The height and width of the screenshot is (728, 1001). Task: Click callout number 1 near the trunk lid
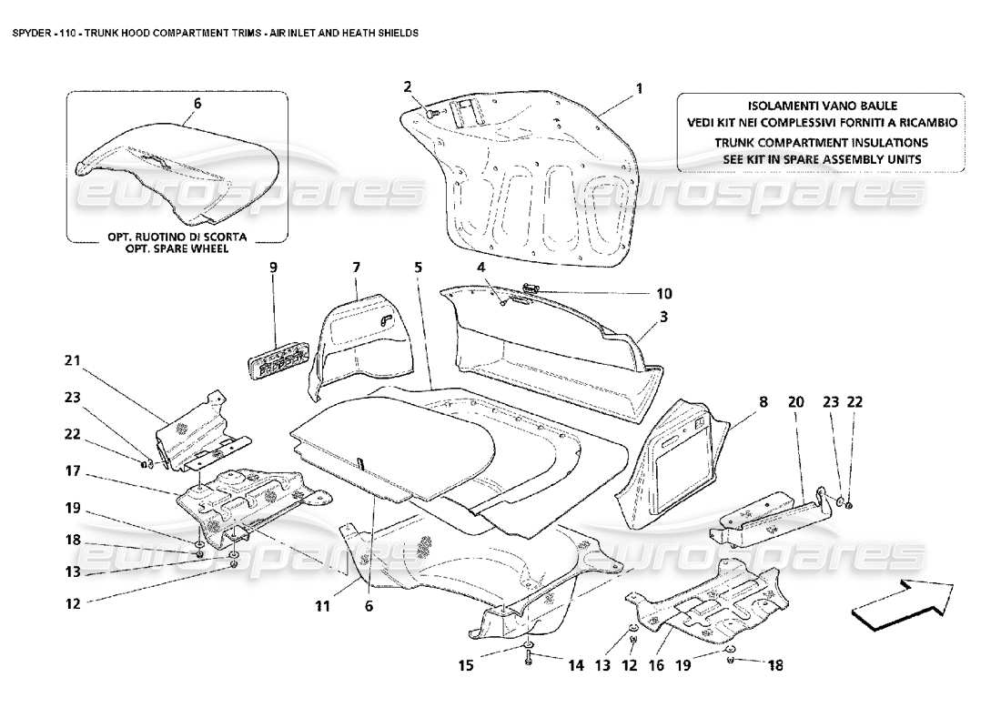[x=639, y=88]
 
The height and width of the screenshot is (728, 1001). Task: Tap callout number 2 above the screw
[x=409, y=86]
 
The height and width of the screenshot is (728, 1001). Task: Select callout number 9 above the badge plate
[x=271, y=268]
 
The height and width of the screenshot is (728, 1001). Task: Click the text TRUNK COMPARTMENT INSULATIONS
[x=820, y=143]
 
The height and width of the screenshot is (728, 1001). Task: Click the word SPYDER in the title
[x=26, y=32]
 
